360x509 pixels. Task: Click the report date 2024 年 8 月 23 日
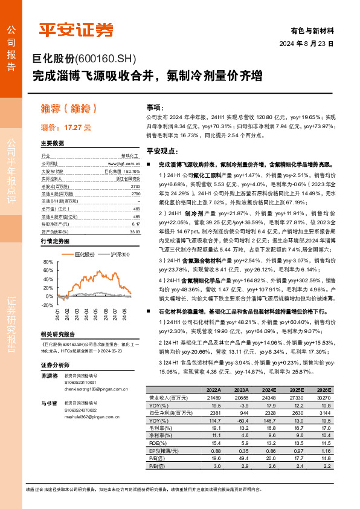point(307,44)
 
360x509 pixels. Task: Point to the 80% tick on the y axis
point(49,261)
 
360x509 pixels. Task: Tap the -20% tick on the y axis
point(47,305)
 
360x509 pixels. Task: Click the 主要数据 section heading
point(53,143)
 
